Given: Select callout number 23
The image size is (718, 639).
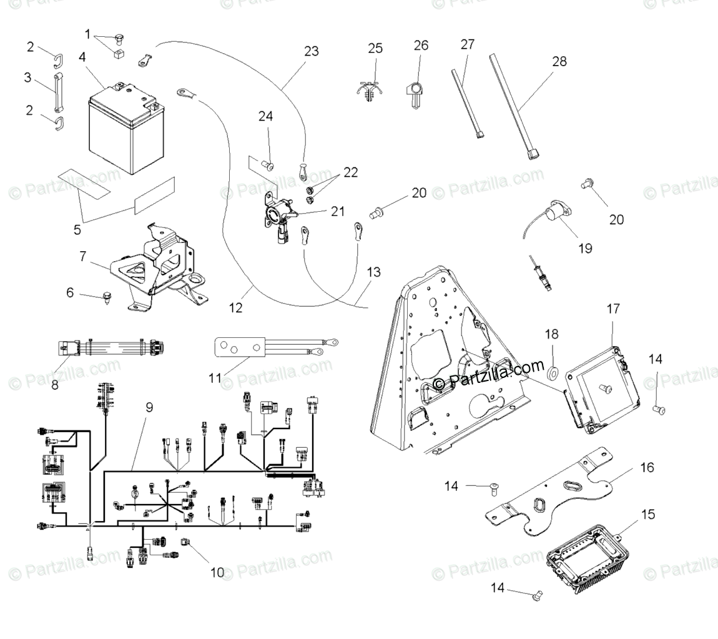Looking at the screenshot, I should [311, 51].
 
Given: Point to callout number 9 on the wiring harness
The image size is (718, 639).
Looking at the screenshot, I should [149, 407].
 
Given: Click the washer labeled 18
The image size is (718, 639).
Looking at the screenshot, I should [553, 374].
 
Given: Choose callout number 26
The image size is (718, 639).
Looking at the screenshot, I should [421, 45].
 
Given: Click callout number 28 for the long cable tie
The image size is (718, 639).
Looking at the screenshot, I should [559, 61].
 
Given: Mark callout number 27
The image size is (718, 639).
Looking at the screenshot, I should [467, 44].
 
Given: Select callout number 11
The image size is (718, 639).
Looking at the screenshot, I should [215, 378].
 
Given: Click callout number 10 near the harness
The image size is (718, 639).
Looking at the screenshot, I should [217, 572].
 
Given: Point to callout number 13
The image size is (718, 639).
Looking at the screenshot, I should [373, 272].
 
